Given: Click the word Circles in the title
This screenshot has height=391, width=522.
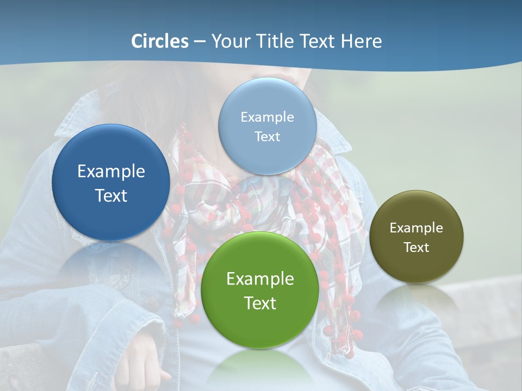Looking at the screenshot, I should click(159, 41).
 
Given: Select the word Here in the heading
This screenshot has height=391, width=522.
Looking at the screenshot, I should click(361, 41).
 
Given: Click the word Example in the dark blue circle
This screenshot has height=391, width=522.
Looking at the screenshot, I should click(111, 172).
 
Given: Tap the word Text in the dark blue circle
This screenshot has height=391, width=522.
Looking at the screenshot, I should click(111, 195).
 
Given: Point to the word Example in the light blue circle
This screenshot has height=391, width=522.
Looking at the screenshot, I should click(267, 117).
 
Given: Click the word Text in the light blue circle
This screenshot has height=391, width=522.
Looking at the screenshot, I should click(267, 136).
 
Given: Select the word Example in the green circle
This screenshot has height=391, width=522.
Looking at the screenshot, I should click(260, 279).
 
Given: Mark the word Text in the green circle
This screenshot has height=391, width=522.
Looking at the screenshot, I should click(260, 303).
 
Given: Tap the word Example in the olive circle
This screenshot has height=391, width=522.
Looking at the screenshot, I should click(417, 228).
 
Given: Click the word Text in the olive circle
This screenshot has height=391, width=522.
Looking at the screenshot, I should click(417, 248).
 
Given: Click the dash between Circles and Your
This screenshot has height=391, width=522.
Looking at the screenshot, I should click(199, 42).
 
